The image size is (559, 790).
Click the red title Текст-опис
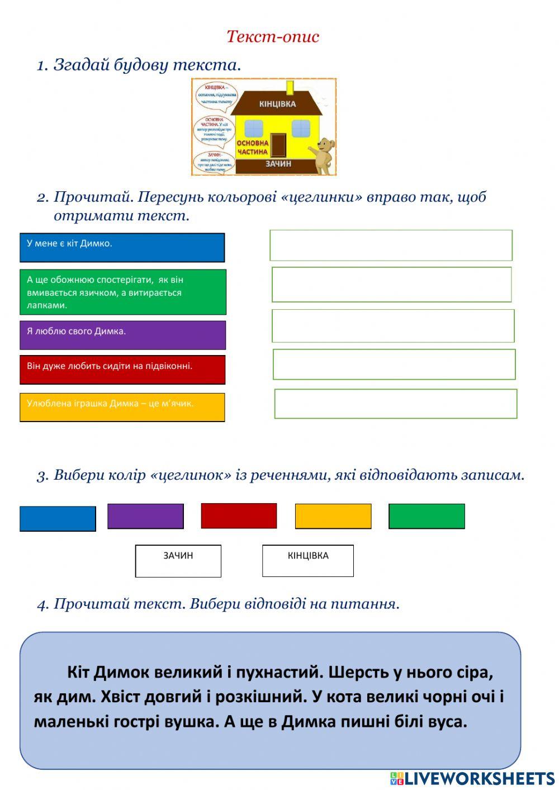coord(273,37)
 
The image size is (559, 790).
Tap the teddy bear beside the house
coord(324,156)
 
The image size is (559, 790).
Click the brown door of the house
coord(278,145)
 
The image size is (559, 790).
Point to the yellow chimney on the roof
coord(290,88)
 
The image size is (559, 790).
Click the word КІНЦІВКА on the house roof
coord(277,104)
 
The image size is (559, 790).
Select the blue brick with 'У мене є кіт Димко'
coord(122,248)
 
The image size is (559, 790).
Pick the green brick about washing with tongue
coord(123,292)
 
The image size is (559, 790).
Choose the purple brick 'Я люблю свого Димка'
coord(122,335)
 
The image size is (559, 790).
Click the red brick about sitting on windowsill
coord(122,370)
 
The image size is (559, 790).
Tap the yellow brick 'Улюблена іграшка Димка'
coord(122,407)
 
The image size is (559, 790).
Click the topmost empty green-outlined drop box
coord(391,245)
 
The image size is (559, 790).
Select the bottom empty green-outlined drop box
coord(395,404)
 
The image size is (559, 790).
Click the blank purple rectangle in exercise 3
coord(145,516)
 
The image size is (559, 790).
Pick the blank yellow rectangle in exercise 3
coord(333,516)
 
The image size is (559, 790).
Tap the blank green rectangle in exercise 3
coord(427,516)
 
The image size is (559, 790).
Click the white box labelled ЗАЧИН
coord(178,561)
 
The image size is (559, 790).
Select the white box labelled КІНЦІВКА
coord(308,561)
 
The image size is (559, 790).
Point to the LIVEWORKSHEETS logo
coord(472,778)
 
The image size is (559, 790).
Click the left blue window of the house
coord(253,128)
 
